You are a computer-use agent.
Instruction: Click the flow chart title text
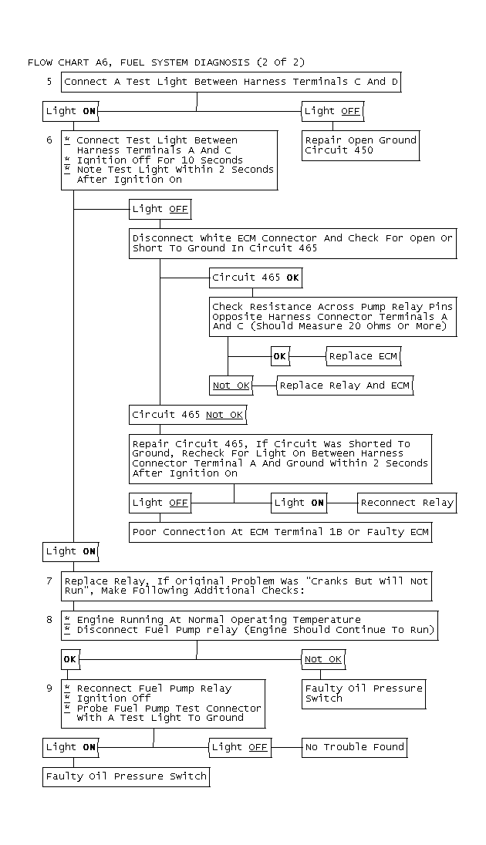166,62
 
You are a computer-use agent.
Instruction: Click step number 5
49,82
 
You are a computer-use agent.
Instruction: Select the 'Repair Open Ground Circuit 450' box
360,146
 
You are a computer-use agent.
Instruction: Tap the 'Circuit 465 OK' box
255,278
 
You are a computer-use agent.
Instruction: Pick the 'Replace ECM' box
363,356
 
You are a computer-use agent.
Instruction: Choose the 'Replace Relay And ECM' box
345,385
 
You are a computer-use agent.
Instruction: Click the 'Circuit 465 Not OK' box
187,415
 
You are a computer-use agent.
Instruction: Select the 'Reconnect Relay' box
407,503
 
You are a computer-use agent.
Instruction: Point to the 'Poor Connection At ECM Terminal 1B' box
281,532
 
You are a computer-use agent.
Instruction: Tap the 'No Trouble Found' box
354,747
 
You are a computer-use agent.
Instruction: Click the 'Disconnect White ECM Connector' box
292,244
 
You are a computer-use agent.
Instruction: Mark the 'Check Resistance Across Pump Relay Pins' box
332,317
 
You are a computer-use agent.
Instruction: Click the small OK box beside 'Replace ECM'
280,356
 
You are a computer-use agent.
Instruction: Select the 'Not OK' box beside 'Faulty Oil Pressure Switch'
323,659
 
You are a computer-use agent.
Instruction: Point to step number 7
49,581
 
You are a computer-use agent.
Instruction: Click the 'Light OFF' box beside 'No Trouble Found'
239,747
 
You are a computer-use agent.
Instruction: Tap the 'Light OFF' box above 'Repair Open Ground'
332,111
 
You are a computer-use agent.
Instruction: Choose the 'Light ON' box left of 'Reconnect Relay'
299,503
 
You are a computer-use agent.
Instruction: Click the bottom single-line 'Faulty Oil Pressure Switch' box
127,776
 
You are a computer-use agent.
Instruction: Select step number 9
49,688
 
